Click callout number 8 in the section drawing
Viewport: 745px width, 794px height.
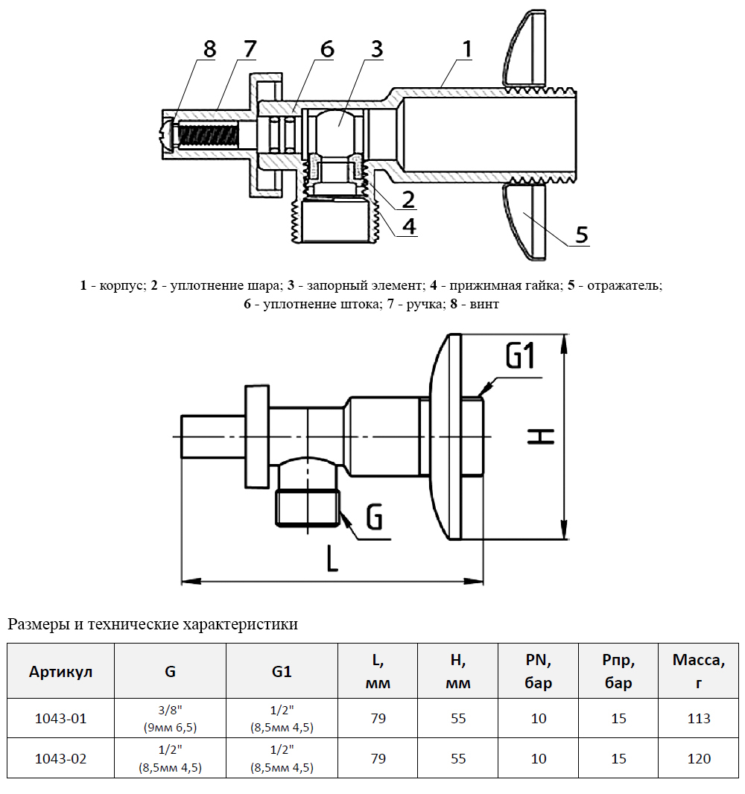pyautogui.click(x=209, y=49)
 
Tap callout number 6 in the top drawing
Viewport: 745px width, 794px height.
pyautogui.click(x=327, y=49)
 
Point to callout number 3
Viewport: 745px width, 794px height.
pyautogui.click(x=375, y=49)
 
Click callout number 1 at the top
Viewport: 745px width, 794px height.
pyautogui.click(x=466, y=49)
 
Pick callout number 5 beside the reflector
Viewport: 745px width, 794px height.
pyautogui.click(x=581, y=235)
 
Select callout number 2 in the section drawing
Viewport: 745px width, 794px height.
pyautogui.click(x=408, y=199)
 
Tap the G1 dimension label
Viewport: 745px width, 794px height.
pyautogui.click(x=520, y=357)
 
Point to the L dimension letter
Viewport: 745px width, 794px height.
pyautogui.click(x=332, y=557)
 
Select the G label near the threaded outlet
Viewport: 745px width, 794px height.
pyautogui.click(x=375, y=516)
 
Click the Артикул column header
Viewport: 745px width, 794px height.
pyautogui.click(x=61, y=671)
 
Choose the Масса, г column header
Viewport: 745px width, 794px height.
pyautogui.click(x=698, y=671)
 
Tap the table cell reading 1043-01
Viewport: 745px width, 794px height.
pyautogui.click(x=61, y=719)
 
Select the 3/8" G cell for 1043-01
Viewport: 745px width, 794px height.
pyautogui.click(x=171, y=719)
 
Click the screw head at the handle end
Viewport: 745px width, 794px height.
pyautogui.click(x=166, y=136)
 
